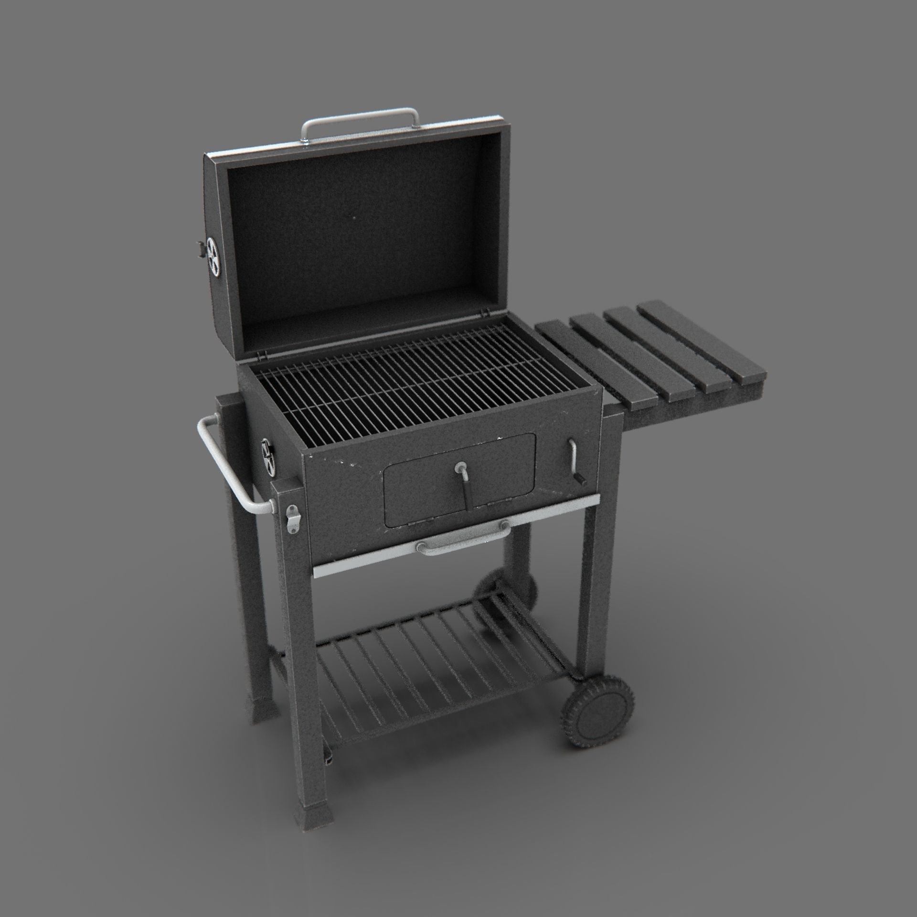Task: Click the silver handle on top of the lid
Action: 359,115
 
